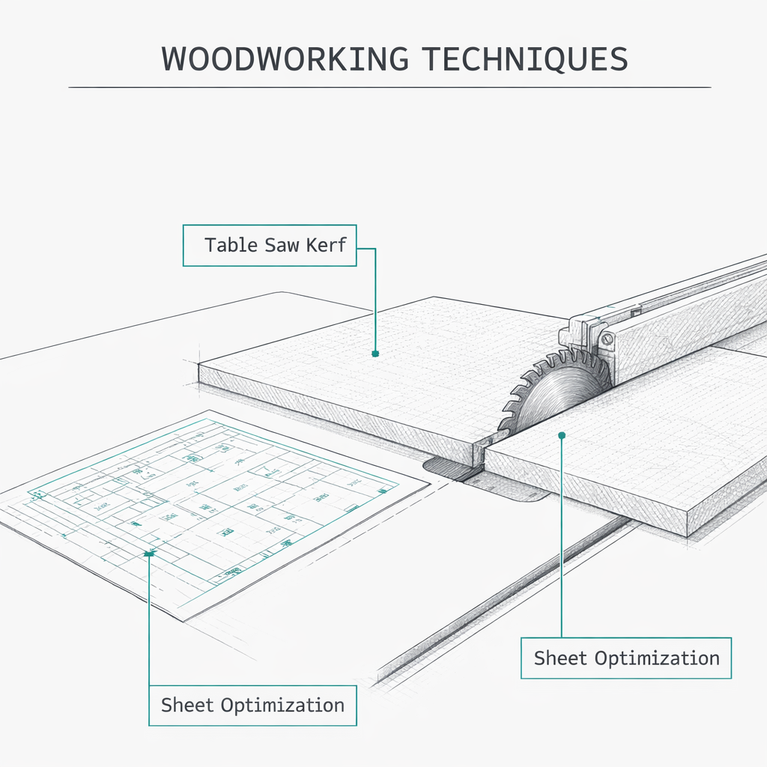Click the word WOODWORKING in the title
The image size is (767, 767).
(285, 59)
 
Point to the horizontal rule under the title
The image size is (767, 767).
(389, 88)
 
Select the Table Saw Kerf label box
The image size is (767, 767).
(270, 245)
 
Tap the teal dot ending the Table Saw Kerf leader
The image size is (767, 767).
(375, 353)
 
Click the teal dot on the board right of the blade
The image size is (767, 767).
(562, 434)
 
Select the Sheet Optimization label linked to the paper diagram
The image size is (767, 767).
(252, 705)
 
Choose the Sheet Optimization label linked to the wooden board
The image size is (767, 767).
(625, 658)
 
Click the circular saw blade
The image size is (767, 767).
(558, 393)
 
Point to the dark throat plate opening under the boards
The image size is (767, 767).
(449, 470)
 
